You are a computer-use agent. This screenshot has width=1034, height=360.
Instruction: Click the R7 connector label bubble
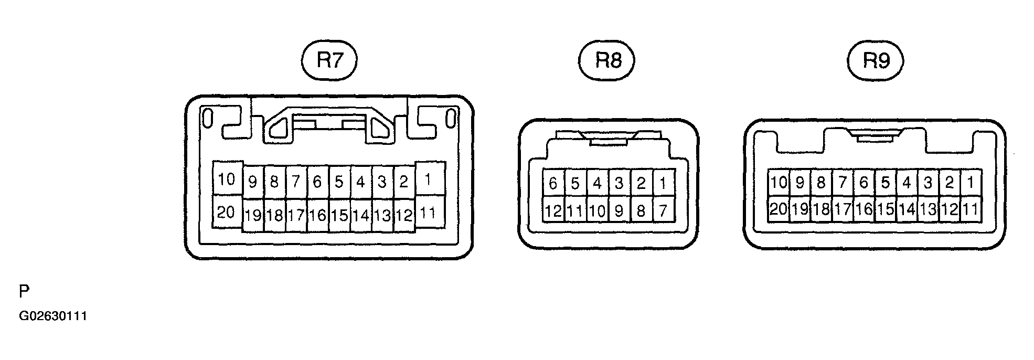point(329,61)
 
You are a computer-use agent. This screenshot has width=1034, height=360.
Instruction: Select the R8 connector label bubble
point(607,61)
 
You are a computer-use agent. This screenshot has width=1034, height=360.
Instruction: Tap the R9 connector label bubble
point(876,61)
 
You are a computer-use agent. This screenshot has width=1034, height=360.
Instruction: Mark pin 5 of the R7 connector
point(339,182)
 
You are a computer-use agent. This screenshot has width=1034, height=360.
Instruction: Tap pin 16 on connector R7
point(318,215)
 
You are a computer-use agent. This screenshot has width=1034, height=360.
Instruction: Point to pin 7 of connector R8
point(664,210)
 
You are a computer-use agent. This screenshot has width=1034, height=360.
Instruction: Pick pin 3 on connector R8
point(620,183)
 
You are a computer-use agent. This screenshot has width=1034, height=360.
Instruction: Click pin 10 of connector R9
point(779,183)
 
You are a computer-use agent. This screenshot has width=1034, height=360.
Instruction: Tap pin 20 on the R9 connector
point(779,209)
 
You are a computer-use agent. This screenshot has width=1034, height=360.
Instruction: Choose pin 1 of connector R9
point(971,183)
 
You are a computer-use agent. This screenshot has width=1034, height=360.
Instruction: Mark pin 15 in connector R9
point(886,209)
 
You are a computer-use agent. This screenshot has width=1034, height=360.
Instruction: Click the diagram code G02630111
point(53,316)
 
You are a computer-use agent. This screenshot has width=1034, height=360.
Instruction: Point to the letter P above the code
point(24,291)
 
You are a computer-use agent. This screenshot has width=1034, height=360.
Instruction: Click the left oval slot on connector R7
point(208,119)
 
